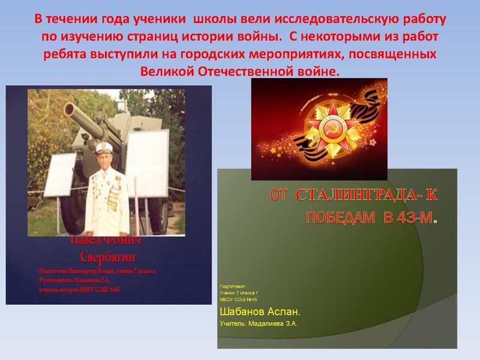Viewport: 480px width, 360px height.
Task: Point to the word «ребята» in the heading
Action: tap(64, 55)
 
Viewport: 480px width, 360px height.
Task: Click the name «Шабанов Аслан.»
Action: tap(260, 312)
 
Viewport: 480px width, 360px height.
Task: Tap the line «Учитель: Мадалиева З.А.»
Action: tap(259, 324)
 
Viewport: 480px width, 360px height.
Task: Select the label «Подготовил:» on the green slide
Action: tap(233, 286)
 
